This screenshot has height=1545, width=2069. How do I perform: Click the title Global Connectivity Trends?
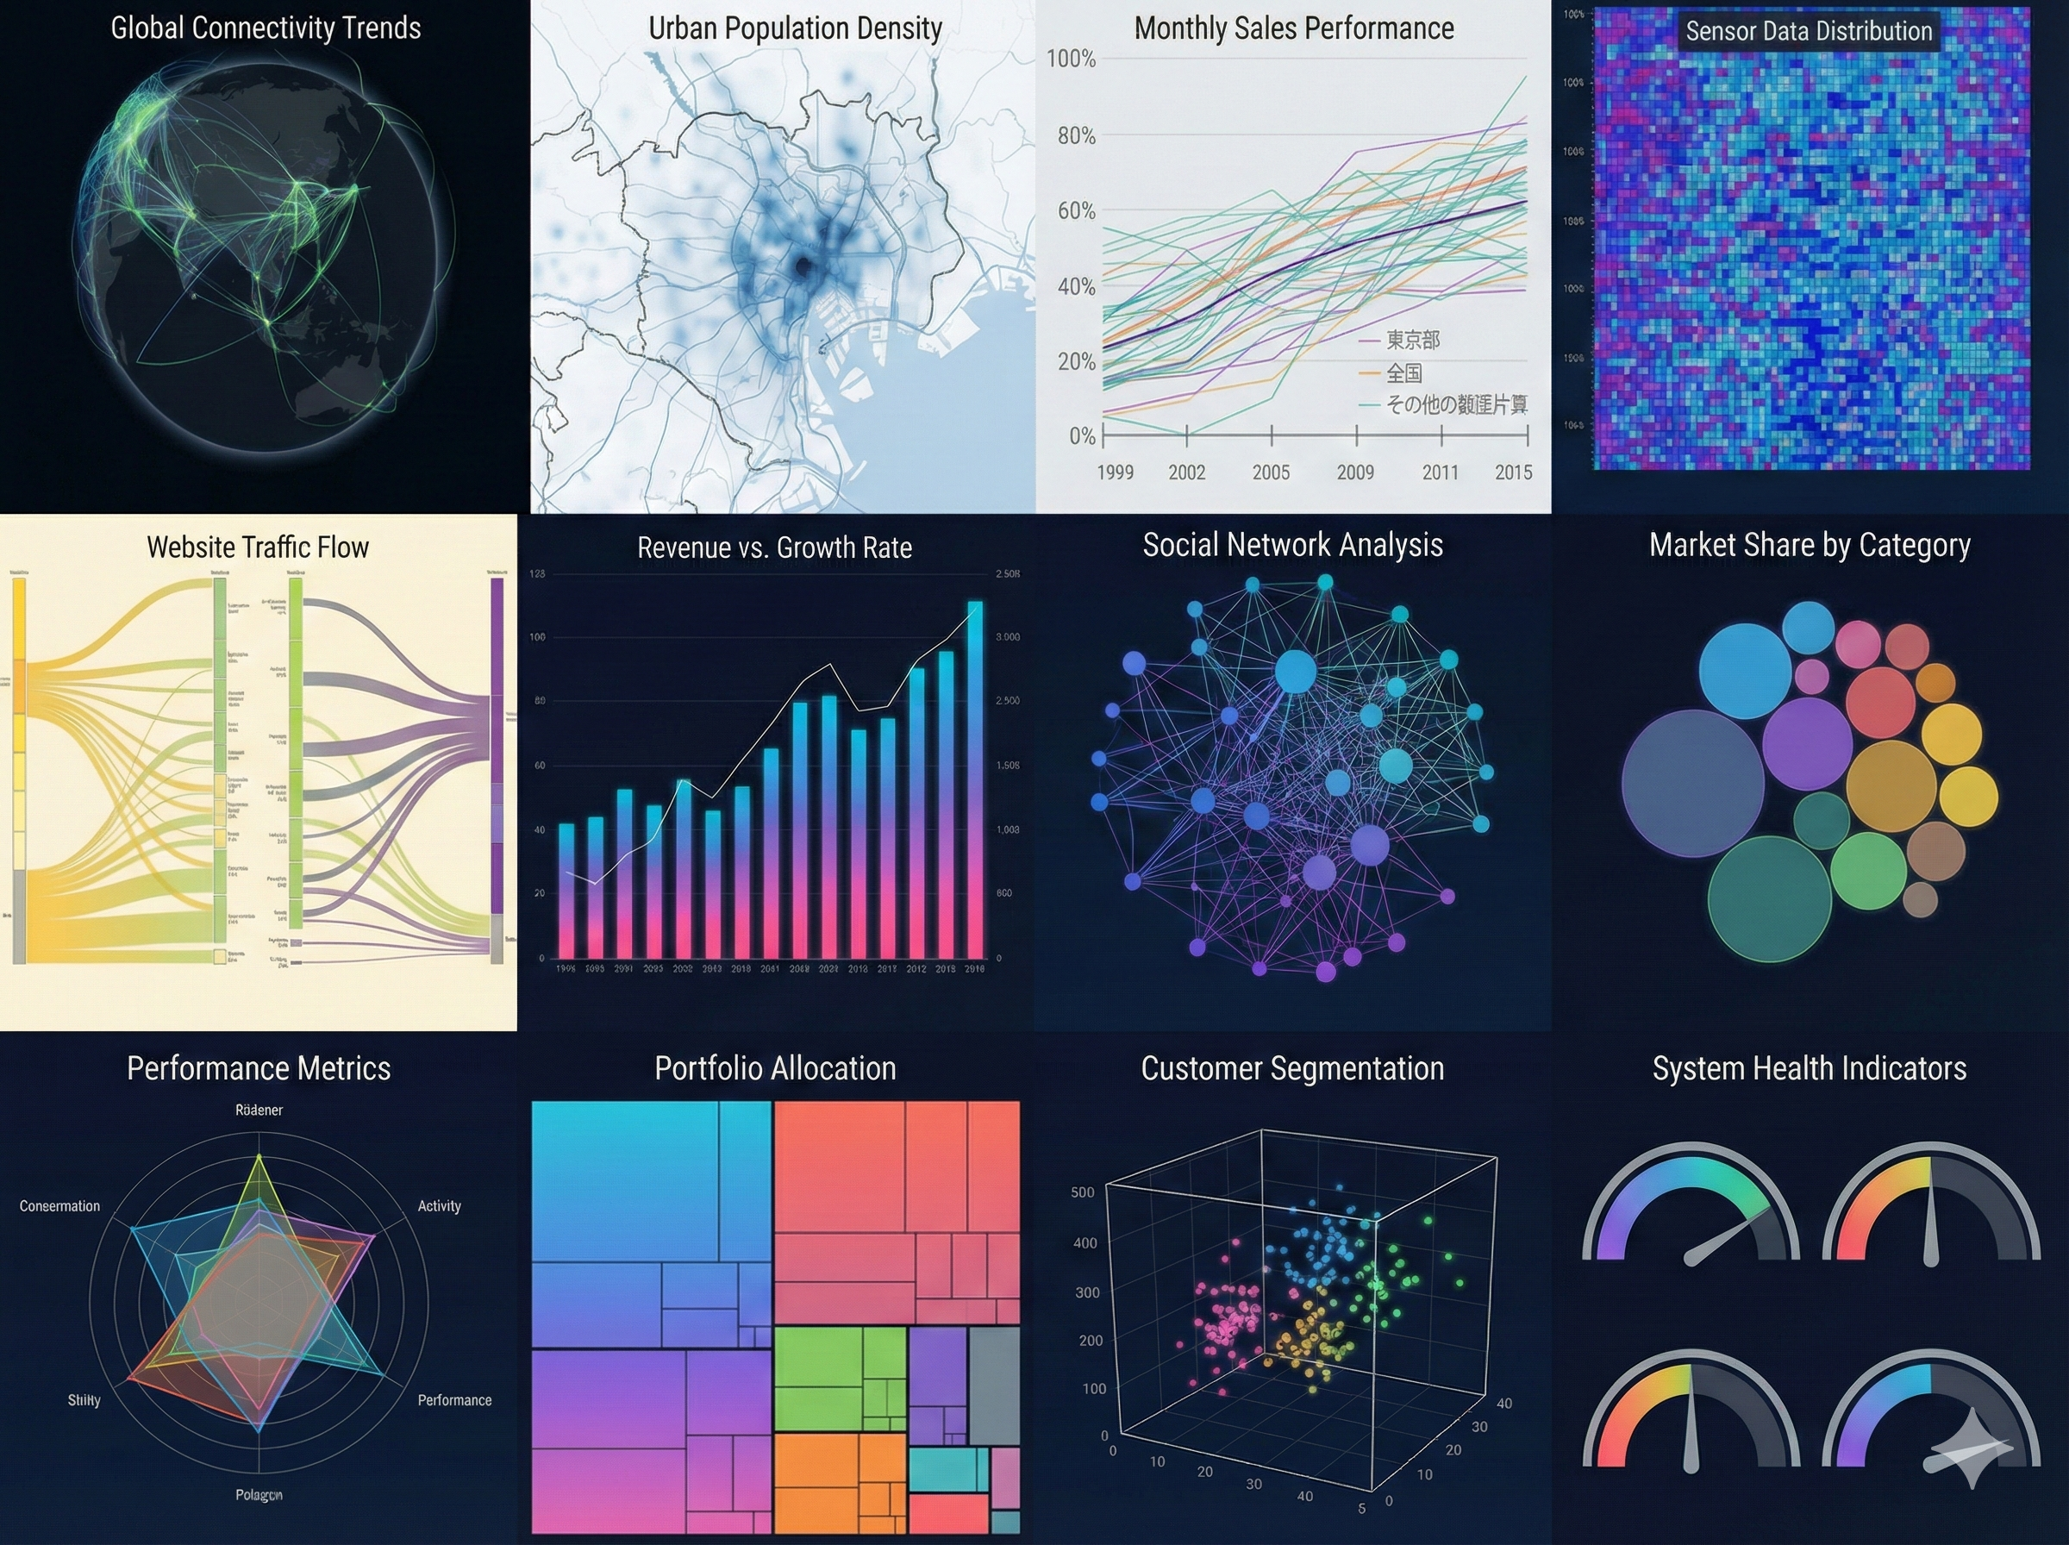click(x=266, y=28)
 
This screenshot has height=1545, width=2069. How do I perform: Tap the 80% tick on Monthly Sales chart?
click(x=1076, y=135)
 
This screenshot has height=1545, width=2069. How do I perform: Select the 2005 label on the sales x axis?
click(x=1271, y=472)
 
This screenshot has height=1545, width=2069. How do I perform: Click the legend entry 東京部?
click(x=1412, y=341)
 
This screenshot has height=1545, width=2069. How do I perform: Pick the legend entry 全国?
click(x=1403, y=373)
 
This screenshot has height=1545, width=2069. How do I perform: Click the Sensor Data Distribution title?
click(x=1808, y=31)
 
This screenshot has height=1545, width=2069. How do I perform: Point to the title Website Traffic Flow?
click(x=258, y=547)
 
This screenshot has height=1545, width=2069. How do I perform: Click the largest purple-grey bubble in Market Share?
click(x=1692, y=783)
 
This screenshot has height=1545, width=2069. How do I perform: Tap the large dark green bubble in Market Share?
click(x=1769, y=898)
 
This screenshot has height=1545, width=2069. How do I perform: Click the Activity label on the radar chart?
click(x=440, y=1205)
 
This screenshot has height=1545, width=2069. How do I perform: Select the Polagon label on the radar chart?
click(x=259, y=1494)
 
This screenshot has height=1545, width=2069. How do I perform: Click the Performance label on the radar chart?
click(x=454, y=1400)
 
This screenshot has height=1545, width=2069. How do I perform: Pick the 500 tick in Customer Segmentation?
click(x=1082, y=1192)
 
